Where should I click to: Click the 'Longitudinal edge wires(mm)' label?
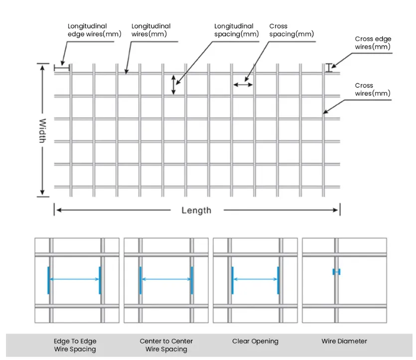coord(88,30)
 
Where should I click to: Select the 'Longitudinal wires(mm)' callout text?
coord(150,30)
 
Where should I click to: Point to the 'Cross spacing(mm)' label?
coord(291,30)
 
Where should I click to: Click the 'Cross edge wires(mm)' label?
coord(373,43)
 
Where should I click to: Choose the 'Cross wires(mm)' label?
coord(373,89)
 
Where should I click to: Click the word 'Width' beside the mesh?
coord(42,130)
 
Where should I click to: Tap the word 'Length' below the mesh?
coord(196,210)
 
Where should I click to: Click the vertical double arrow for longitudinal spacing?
coord(173,85)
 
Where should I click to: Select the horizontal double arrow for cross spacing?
coord(243,85)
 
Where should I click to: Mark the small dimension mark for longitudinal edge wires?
coord(61,67)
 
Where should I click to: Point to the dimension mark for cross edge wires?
coord(329,68)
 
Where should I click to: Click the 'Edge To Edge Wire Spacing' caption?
coord(75,345)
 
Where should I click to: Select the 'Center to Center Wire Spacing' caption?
coord(166,345)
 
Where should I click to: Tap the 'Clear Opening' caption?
coord(255,341)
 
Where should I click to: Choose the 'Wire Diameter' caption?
coord(344,341)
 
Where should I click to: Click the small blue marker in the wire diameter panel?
coord(336,272)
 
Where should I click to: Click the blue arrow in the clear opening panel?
coord(256,279)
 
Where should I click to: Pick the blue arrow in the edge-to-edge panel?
coord(74,279)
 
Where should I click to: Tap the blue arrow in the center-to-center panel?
coord(166,279)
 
